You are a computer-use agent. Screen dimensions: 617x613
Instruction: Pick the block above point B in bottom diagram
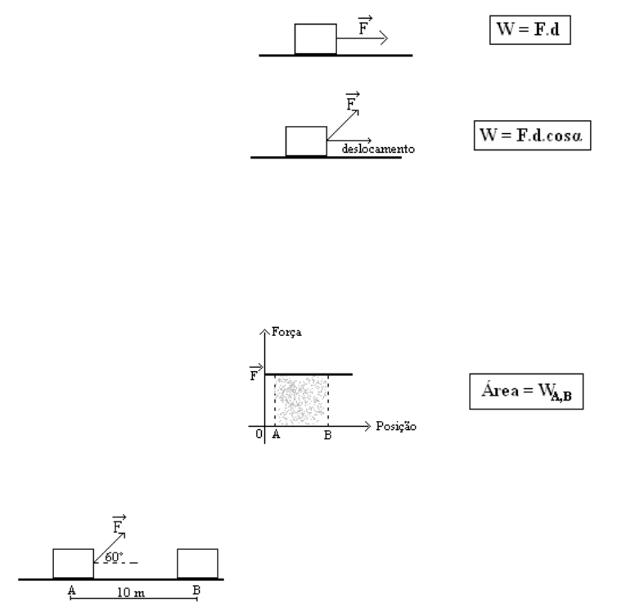198,564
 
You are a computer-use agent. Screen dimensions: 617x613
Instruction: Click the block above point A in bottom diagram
73,564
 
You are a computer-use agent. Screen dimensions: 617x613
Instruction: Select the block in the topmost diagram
315,39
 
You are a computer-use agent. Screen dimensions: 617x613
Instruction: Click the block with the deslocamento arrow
306,141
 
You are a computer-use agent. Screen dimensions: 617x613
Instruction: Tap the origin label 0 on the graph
259,435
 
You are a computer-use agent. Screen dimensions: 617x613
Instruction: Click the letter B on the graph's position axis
327,436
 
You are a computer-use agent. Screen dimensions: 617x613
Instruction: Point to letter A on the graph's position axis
276,436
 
